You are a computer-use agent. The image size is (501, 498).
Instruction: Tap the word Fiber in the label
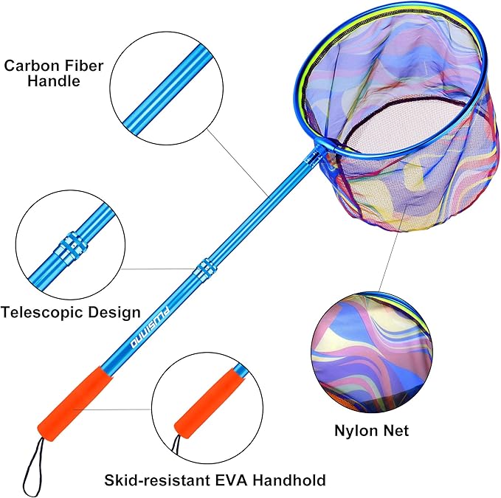(x=84, y=66)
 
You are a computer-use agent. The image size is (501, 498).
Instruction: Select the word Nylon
(x=356, y=431)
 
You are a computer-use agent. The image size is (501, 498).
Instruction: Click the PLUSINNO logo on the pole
(x=151, y=327)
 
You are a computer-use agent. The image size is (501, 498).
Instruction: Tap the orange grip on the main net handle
(x=75, y=404)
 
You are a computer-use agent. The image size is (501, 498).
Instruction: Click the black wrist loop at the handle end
(x=33, y=466)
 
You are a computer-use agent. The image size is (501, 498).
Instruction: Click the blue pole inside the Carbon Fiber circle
(x=166, y=88)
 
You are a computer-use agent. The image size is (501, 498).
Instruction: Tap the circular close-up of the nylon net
(x=372, y=352)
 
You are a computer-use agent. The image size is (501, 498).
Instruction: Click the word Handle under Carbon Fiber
(x=53, y=81)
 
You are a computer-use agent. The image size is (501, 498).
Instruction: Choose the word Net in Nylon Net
(x=396, y=431)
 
